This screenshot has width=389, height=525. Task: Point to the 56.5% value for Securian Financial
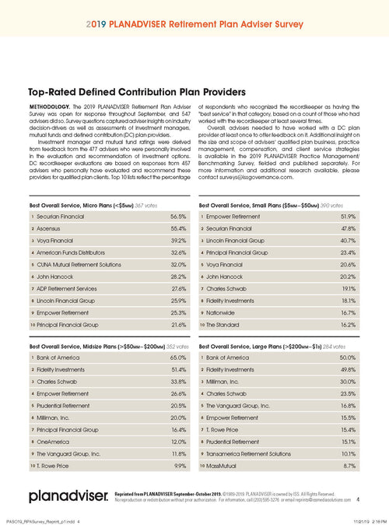[178, 216]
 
